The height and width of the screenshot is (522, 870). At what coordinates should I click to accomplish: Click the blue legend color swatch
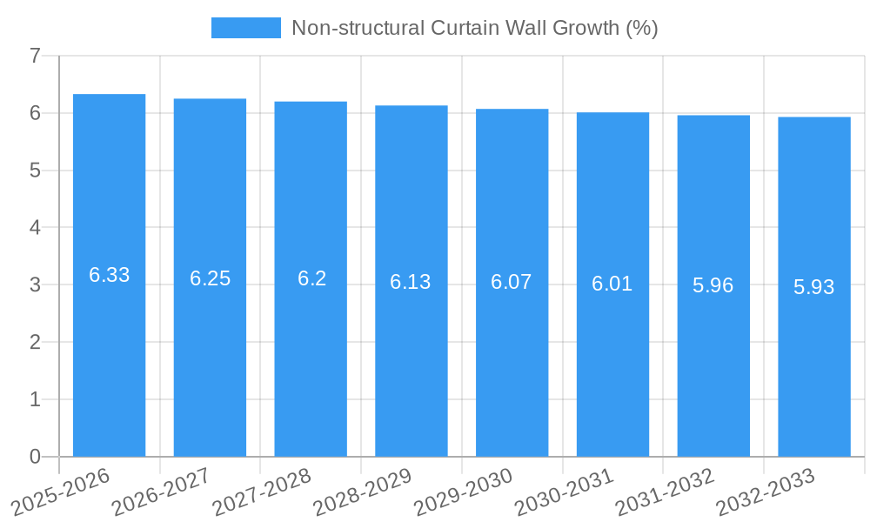click(246, 28)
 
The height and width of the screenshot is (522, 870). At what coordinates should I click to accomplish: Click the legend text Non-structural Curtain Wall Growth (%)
click(474, 28)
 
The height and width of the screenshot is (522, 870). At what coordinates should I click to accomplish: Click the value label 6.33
click(110, 275)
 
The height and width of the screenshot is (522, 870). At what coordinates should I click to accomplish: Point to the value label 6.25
click(211, 278)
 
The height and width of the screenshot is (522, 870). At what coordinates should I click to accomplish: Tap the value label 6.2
click(311, 278)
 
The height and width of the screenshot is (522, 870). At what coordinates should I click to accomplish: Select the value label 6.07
click(512, 282)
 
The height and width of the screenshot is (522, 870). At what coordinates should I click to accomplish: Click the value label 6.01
click(612, 284)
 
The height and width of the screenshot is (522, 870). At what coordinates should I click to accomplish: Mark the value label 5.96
click(713, 285)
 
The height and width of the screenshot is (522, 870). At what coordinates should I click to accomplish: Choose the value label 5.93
click(814, 287)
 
